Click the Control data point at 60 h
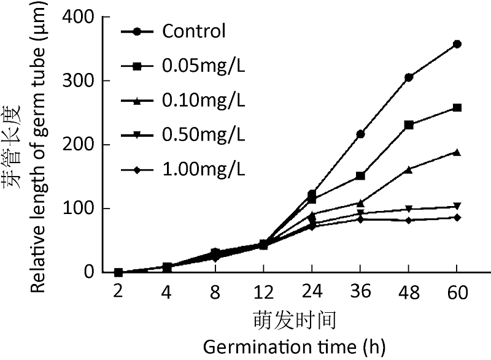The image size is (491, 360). pos(457,44)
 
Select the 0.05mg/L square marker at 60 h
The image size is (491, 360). pos(457,108)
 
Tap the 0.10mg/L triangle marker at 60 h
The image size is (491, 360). pos(457,152)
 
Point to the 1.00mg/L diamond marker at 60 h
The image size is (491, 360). pos(457,218)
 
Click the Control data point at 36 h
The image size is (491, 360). pos(360,134)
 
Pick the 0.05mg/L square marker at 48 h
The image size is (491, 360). pos(409,125)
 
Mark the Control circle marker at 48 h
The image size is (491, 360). pos(409,77)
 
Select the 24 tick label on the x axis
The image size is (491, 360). pos(312,293)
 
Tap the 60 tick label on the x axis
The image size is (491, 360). pos(457,293)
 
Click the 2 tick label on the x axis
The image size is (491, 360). pos(118,293)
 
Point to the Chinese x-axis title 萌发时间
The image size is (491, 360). pos(287,320)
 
